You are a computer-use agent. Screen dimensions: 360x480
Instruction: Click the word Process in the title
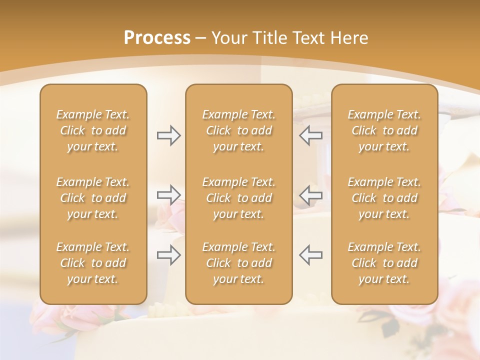(157, 38)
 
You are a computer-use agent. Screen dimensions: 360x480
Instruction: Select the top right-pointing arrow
(169, 135)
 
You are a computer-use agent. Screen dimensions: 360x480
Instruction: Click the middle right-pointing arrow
(169, 194)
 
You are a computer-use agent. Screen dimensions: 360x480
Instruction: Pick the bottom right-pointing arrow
(169, 254)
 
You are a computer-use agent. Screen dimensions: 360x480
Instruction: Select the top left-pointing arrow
(310, 135)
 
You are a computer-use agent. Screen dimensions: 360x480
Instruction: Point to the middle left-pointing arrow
(310, 194)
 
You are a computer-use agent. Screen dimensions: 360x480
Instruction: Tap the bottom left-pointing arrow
(310, 254)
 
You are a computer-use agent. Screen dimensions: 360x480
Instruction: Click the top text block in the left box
(93, 130)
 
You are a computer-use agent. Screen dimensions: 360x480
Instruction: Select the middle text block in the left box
(93, 198)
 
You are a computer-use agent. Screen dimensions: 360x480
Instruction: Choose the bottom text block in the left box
(93, 263)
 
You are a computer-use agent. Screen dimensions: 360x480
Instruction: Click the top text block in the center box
(238, 130)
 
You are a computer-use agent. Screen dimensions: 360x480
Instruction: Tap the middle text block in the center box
(238, 198)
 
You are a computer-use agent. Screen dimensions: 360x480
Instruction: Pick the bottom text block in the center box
(238, 263)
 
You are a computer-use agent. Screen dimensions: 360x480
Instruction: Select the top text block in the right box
(384, 130)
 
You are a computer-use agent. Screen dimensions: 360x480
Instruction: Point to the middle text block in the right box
(384, 198)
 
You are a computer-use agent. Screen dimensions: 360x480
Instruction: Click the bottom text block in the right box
(384, 263)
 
